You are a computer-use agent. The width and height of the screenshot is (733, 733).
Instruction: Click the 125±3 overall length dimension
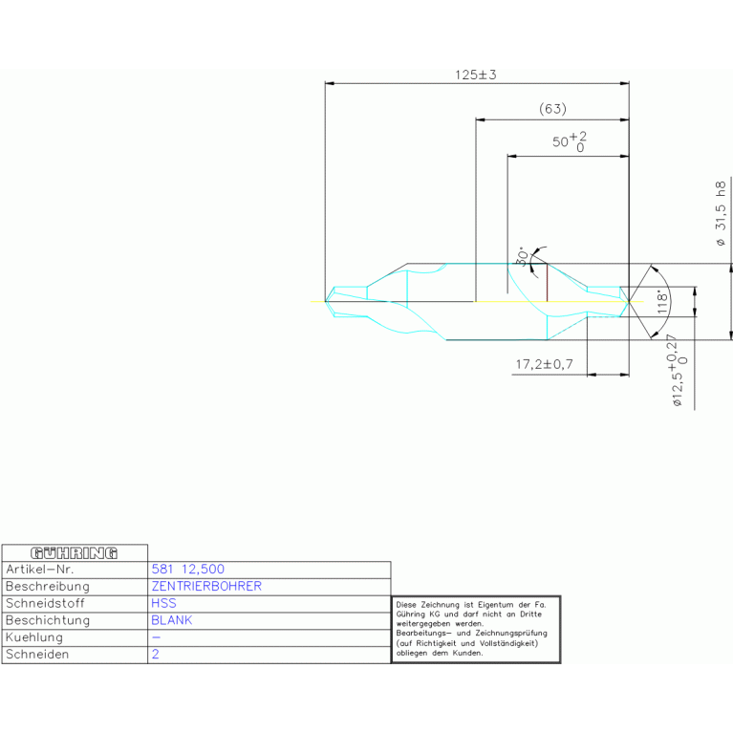click(x=475, y=75)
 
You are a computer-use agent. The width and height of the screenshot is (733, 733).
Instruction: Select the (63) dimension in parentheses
click(x=552, y=109)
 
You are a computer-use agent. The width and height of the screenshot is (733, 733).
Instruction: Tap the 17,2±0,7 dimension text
click(x=544, y=364)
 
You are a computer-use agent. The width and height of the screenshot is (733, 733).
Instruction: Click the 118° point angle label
click(x=660, y=303)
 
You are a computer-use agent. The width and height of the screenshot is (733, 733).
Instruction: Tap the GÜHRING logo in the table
click(x=75, y=552)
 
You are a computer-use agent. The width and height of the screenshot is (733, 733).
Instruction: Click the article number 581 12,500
click(x=188, y=569)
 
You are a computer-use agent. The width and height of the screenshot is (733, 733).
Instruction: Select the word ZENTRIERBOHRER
click(x=206, y=586)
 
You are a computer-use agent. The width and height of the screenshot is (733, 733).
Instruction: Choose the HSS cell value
click(x=163, y=603)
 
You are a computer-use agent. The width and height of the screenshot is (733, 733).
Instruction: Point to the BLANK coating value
click(x=172, y=620)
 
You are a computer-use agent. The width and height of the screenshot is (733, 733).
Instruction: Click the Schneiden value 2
click(x=155, y=655)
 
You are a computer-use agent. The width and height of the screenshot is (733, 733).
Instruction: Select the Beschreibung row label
click(x=48, y=586)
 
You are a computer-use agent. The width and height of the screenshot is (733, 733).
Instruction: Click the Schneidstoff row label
click(x=47, y=603)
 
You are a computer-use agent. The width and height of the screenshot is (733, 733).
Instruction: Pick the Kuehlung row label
click(x=34, y=637)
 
